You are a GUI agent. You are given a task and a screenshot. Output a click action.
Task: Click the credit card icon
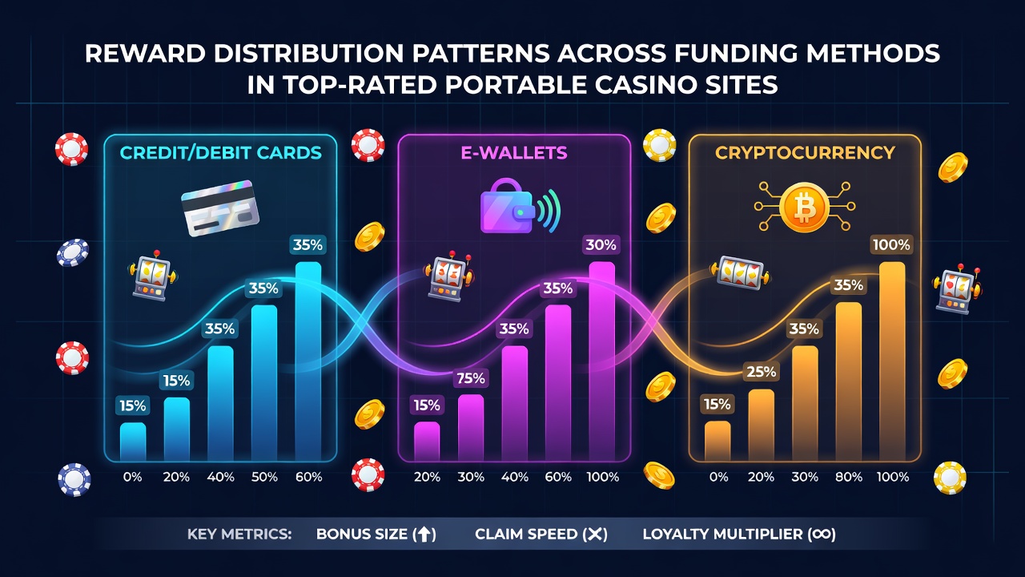point(220,208)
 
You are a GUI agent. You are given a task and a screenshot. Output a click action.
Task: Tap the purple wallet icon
point(507,206)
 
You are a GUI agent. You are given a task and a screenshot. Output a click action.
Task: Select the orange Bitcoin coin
point(804,207)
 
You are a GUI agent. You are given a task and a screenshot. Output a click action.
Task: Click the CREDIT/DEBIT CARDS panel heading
point(220,152)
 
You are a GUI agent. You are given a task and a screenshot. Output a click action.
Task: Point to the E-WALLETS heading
point(514,152)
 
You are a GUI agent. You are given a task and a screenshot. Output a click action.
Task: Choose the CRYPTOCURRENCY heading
point(805,152)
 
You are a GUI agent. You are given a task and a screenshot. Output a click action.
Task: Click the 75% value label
point(471,378)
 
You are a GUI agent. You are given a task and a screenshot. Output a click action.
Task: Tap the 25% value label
point(761,371)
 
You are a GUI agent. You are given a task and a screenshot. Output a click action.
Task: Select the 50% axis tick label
point(264,477)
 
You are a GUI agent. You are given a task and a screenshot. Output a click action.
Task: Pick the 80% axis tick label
point(849,477)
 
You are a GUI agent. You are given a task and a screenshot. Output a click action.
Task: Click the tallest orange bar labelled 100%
point(892,361)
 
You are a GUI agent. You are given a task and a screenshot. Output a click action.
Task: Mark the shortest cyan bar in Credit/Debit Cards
point(133,442)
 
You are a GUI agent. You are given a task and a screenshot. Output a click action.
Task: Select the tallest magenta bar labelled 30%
point(601,361)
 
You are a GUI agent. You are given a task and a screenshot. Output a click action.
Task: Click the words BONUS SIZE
point(361,534)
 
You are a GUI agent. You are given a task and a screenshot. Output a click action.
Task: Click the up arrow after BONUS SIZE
point(424,535)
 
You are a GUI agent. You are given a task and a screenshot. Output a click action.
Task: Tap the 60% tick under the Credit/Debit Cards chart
point(309,477)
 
